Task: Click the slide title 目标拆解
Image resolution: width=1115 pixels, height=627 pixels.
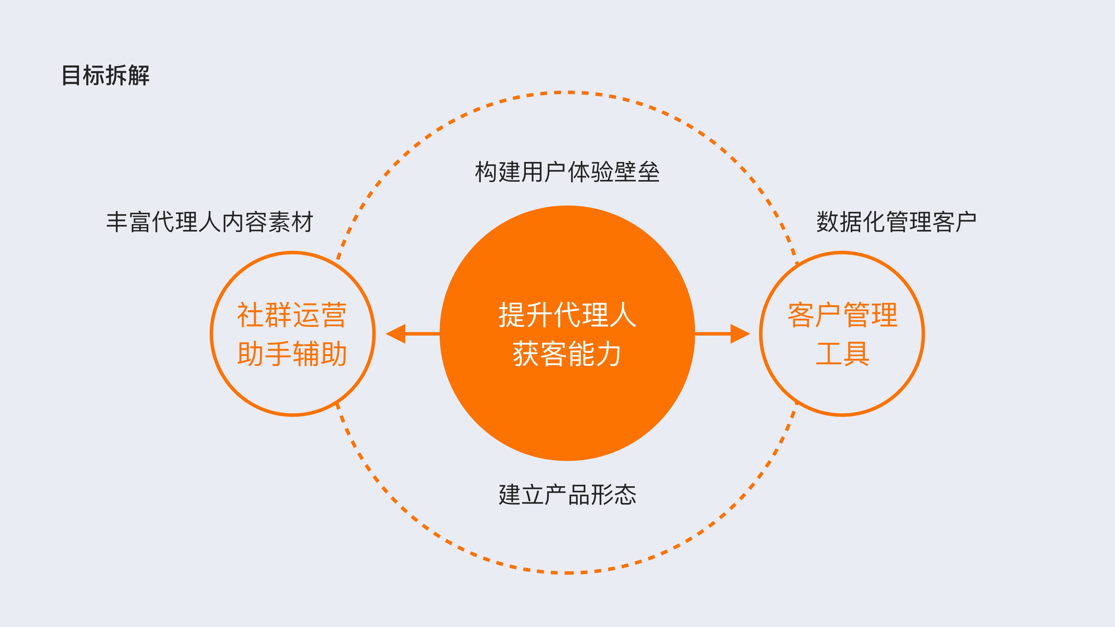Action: [x=106, y=75]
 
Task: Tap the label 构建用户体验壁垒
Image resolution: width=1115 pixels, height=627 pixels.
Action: [x=567, y=172]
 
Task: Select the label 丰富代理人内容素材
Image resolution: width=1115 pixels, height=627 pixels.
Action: [x=209, y=222]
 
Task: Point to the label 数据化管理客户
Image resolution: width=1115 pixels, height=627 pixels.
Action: [x=896, y=222]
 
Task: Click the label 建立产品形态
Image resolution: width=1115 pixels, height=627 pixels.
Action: [x=567, y=495]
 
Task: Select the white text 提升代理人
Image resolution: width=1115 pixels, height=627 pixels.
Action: [x=567, y=315]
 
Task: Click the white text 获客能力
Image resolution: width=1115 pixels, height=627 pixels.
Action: [x=567, y=354]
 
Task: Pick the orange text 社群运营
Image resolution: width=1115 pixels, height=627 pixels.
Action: [x=292, y=315]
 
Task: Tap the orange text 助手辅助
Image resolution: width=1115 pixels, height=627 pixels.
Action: [x=292, y=354]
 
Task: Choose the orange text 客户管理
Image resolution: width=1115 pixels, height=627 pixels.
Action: [x=842, y=315]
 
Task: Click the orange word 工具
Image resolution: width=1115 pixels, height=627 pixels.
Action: [x=842, y=354]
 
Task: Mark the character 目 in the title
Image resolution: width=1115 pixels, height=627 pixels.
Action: [x=71, y=75]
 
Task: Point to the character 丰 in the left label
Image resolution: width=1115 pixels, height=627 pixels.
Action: [x=117, y=222]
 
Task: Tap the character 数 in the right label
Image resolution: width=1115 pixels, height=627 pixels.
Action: [x=828, y=222]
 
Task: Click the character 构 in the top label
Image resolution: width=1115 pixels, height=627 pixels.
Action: [x=486, y=172]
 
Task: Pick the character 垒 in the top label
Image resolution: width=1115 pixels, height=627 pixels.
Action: [x=648, y=172]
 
